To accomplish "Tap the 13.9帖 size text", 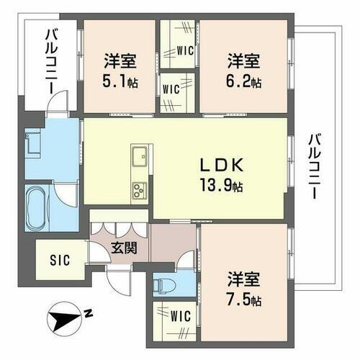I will click(x=222, y=185).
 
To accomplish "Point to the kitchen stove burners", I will click(x=138, y=189).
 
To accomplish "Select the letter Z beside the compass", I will click(x=87, y=313).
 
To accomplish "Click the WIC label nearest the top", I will click(x=183, y=50).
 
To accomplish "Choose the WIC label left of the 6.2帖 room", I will click(x=171, y=90).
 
